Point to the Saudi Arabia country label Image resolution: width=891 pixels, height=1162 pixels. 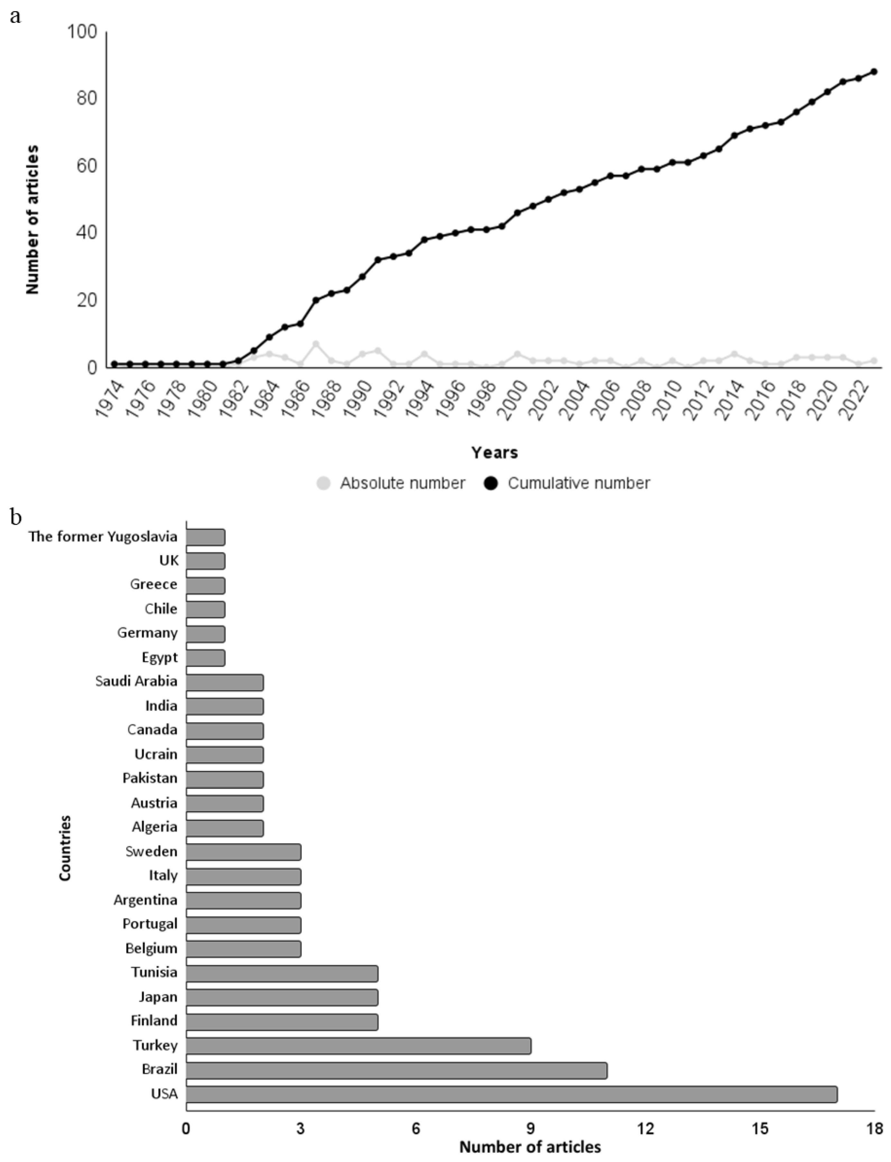[x=136, y=681]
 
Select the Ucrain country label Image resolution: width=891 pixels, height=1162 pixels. [x=156, y=754]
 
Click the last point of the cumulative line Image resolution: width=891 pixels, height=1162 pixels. [x=874, y=72]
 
